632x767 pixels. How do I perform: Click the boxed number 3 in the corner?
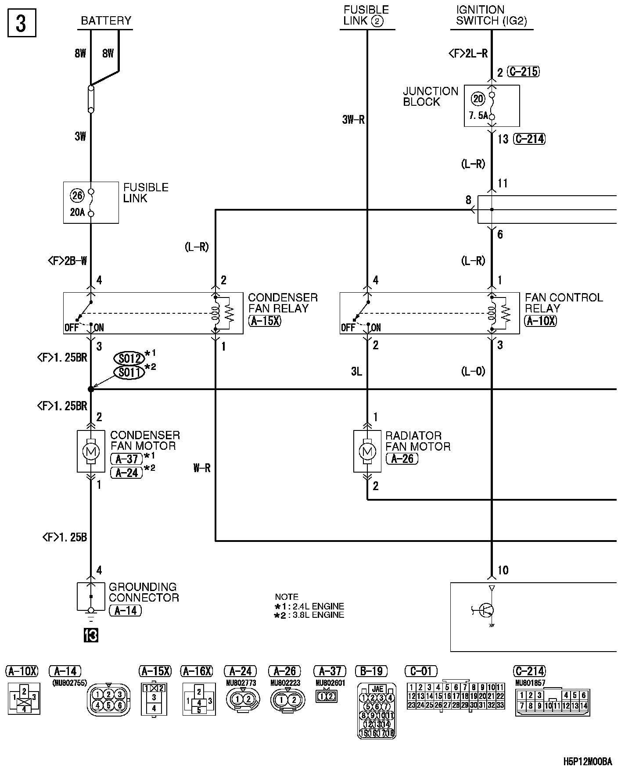click(x=22, y=24)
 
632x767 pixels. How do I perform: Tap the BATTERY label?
click(x=106, y=21)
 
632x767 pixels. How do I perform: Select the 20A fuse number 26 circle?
click(x=77, y=195)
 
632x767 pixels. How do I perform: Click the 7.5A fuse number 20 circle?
click(x=478, y=99)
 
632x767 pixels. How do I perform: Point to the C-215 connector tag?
click(x=523, y=72)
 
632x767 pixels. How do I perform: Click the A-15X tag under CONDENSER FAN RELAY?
click(x=265, y=321)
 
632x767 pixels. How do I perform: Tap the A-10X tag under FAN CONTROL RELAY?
click(x=540, y=321)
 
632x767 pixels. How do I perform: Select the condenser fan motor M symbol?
click(x=91, y=451)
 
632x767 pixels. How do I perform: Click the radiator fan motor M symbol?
click(x=367, y=451)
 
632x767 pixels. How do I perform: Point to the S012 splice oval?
click(x=129, y=358)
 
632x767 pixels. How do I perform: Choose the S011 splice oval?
click(x=129, y=373)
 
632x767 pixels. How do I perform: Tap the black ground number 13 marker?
click(x=91, y=635)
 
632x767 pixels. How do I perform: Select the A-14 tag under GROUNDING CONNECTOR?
click(x=125, y=610)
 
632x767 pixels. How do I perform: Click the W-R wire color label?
click(x=202, y=468)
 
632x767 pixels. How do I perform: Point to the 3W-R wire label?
click(x=353, y=120)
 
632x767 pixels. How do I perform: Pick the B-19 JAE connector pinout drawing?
click(x=377, y=711)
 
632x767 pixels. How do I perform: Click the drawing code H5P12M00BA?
click(x=588, y=761)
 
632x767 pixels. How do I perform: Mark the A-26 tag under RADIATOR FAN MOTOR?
click(x=402, y=459)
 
